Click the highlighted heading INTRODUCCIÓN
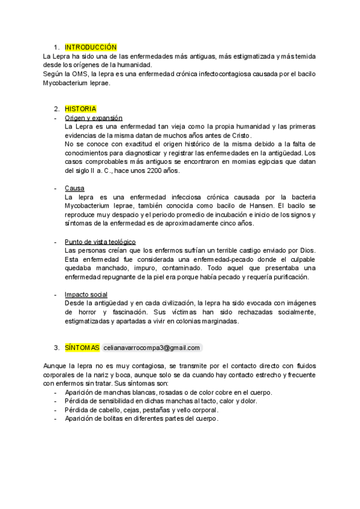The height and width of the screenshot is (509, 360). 91,47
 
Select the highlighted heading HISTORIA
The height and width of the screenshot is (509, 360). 80,109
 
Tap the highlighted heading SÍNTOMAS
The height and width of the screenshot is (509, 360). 82,348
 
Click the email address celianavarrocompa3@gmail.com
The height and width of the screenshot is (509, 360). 151,348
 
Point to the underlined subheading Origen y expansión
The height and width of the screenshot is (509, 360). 94,118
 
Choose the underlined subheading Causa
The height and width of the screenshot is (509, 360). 74,188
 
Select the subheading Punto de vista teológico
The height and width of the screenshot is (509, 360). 100,241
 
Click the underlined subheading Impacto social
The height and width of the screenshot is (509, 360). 86,294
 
